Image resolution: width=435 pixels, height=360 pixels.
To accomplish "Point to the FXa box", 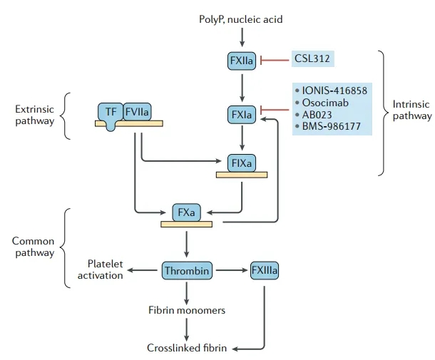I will click(186, 212).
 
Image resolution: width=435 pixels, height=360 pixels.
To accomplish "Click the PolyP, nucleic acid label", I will click(241, 19).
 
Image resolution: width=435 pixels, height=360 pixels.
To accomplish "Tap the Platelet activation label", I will click(104, 269).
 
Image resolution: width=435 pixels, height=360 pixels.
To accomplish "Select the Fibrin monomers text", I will click(186, 310).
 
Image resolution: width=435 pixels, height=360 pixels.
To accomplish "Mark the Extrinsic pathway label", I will click(34, 115).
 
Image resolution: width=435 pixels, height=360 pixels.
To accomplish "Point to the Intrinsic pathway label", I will click(411, 109).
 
